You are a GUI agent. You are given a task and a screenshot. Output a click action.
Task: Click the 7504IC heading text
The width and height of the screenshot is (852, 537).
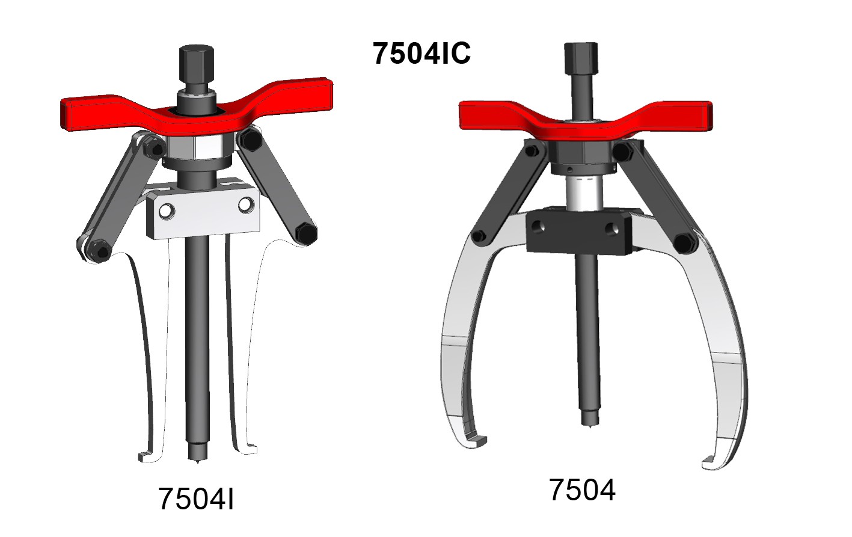point(421,53)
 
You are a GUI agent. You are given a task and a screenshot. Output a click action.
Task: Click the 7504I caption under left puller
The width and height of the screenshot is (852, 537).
point(196,499)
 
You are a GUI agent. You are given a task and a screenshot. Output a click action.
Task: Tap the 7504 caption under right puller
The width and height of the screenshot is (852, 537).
point(582,489)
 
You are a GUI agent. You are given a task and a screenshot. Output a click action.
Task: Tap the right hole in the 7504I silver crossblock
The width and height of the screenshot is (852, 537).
point(245,205)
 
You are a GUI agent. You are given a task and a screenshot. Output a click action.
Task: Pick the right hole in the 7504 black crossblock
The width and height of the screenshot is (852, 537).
point(612,229)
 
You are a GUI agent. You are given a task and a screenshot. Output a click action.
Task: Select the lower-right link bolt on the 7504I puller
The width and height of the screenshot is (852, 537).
point(306,233)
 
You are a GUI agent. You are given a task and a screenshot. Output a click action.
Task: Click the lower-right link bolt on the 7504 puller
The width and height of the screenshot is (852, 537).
point(684,243)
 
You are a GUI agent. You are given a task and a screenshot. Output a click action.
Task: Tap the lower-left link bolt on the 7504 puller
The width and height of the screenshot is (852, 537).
point(479,236)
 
